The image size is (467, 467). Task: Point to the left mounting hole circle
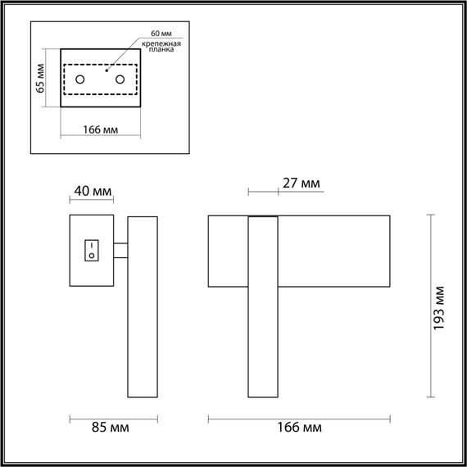(81, 79)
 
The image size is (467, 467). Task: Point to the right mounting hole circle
(120, 79)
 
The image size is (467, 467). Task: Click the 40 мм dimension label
(93, 191)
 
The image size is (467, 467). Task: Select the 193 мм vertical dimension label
(439, 306)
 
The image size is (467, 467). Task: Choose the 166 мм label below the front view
(300, 428)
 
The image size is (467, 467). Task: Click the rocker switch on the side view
(92, 249)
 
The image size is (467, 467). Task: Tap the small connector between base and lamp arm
(120, 251)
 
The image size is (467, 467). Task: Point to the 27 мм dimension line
(262, 194)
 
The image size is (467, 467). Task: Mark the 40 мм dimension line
(92, 202)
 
